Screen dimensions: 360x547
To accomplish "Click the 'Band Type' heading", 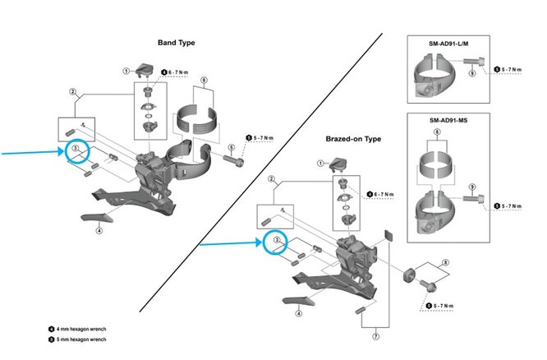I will [176, 42].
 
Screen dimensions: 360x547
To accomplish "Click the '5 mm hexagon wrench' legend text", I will [80, 338].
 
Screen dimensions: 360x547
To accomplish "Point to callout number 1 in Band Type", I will [126, 71].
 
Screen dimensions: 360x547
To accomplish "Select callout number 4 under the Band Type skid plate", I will [99, 231].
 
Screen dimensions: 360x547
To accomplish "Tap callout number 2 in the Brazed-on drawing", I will [269, 178].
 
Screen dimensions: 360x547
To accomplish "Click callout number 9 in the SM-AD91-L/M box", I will [471, 73].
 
